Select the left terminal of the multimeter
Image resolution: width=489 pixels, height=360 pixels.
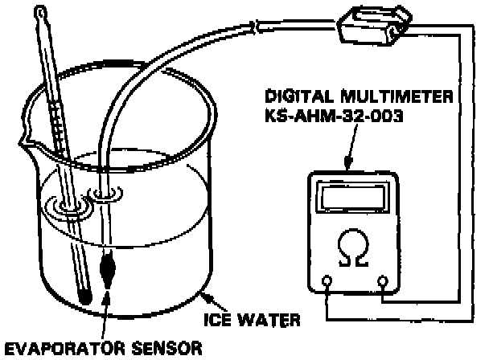click(x=327, y=281)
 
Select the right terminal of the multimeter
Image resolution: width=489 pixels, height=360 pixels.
click(x=384, y=281)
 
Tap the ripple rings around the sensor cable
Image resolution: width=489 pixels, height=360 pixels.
click(x=105, y=193)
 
